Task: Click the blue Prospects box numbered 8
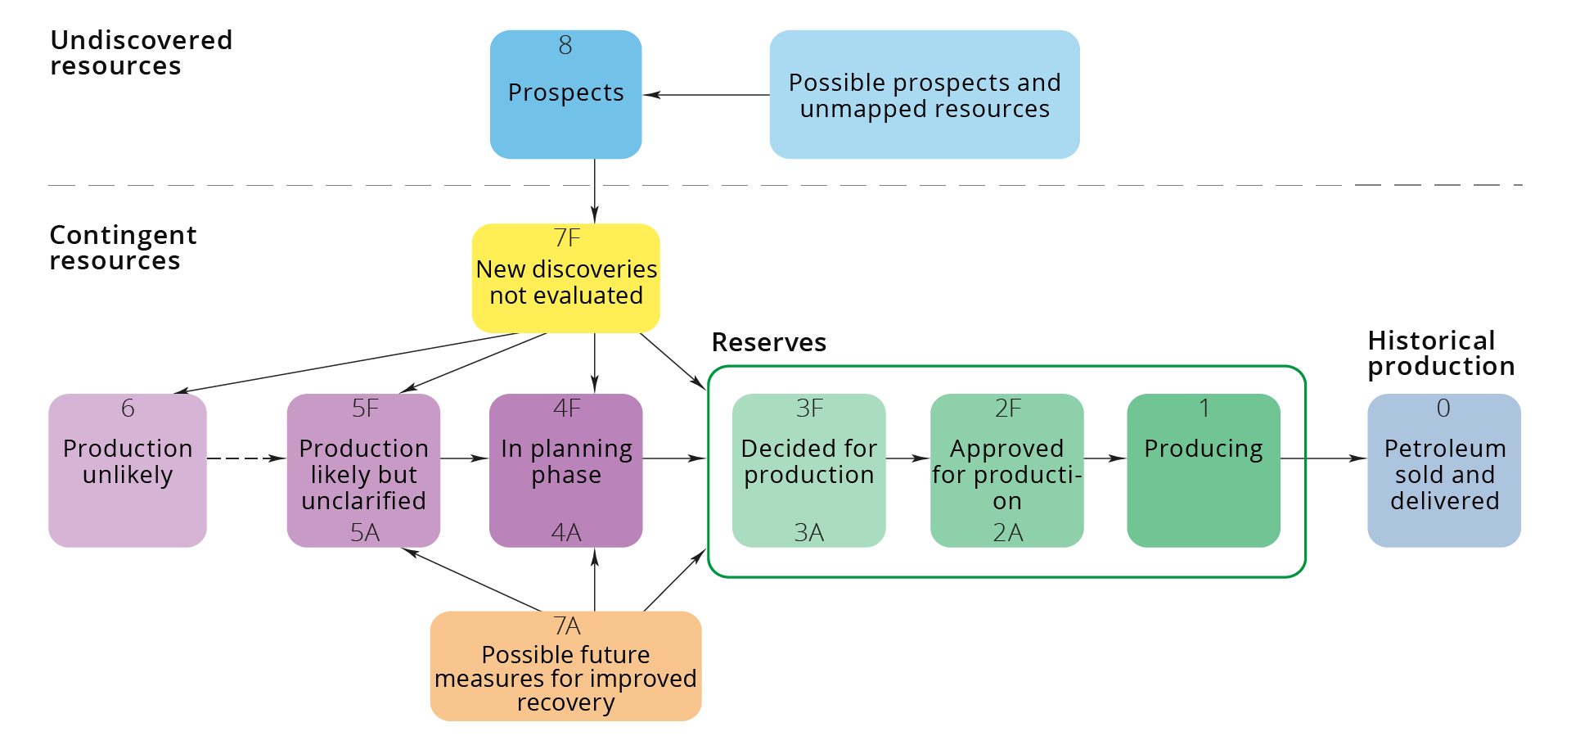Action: click(x=565, y=94)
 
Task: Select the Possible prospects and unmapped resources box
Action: click(x=924, y=94)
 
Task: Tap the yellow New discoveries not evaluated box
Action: click(x=565, y=278)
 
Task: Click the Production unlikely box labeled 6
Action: click(x=128, y=470)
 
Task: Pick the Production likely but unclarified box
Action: click(x=363, y=470)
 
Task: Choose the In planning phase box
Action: click(x=565, y=470)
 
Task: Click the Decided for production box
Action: click(x=808, y=470)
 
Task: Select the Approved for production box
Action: click(x=1006, y=470)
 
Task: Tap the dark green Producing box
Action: click(x=1203, y=470)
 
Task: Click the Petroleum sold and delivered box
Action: click(x=1443, y=470)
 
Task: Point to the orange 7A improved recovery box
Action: click(x=565, y=666)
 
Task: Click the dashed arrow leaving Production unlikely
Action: click(x=245, y=458)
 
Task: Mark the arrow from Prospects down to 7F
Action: click(x=595, y=191)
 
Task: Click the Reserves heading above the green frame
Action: click(x=768, y=342)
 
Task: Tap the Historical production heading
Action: click(x=1440, y=353)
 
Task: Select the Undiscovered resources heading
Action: click(x=141, y=52)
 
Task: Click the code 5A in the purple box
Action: click(x=364, y=533)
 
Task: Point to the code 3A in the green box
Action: click(x=808, y=533)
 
